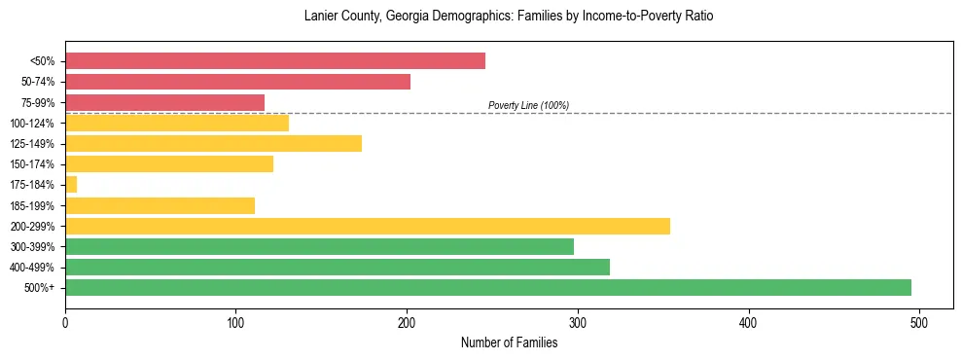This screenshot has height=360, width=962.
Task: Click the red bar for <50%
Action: tap(275, 61)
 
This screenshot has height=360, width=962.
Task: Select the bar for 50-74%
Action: tap(237, 82)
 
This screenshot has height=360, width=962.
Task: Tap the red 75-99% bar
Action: tap(164, 102)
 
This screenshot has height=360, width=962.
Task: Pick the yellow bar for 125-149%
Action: tap(213, 144)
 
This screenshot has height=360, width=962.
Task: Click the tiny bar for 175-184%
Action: tap(71, 185)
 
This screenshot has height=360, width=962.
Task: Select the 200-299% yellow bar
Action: tap(368, 226)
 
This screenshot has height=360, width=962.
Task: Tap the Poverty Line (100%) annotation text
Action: tap(528, 106)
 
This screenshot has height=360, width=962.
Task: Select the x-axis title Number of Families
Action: tap(509, 342)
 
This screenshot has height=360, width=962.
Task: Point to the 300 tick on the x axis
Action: tap(578, 322)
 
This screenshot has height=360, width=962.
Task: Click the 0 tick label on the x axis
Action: tap(65, 322)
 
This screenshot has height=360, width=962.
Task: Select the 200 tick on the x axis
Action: tap(407, 322)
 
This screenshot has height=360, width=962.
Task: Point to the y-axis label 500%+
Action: tap(39, 288)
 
